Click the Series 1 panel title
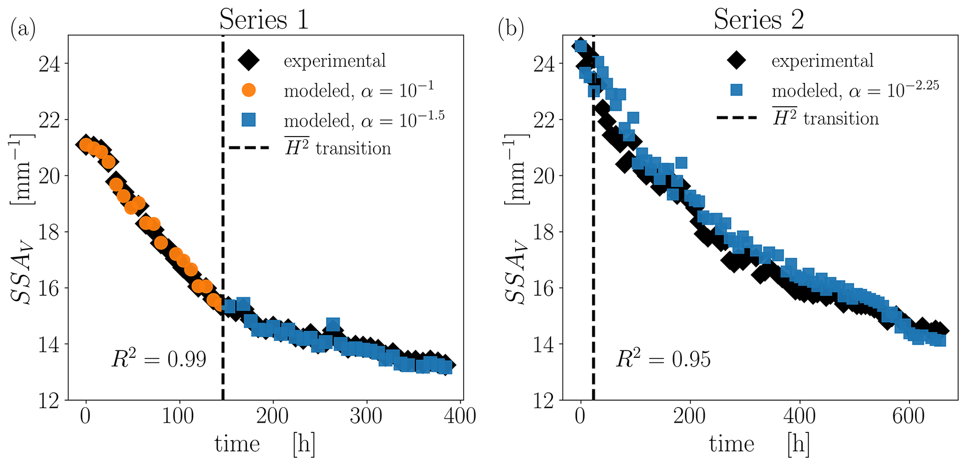tap(264, 20)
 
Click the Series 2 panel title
tap(758, 20)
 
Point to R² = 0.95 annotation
tap(663, 359)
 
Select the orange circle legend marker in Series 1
tap(249, 90)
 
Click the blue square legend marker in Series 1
tap(249, 120)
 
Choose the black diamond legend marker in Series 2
tap(736, 60)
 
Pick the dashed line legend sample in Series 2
tap(736, 118)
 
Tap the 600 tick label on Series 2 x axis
tap(909, 415)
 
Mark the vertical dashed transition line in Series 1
tap(223, 234)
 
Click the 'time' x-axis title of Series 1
tap(237, 444)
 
